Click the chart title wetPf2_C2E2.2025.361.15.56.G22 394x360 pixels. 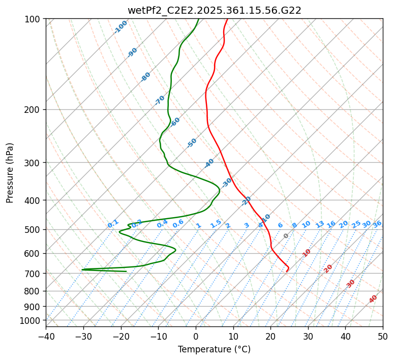pyautogui.click(x=214, y=10)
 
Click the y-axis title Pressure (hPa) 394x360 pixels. pyautogui.click(x=10, y=172)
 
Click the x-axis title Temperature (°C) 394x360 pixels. pyautogui.click(x=214, y=349)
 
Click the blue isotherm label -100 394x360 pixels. pyautogui.click(x=120, y=26)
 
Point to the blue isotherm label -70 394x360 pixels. pyautogui.click(x=160, y=100)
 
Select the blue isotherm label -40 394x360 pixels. pyautogui.click(x=209, y=163)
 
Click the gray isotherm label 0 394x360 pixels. pyautogui.click(x=286, y=236)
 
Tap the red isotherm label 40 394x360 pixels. pyautogui.click(x=373, y=299)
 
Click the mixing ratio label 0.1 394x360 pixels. pyautogui.click(x=113, y=223)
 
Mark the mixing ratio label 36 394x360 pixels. pyautogui.click(x=377, y=224)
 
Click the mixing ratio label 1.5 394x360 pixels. pyautogui.click(x=216, y=223)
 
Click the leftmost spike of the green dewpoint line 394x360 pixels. pyautogui.click(x=82, y=269)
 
